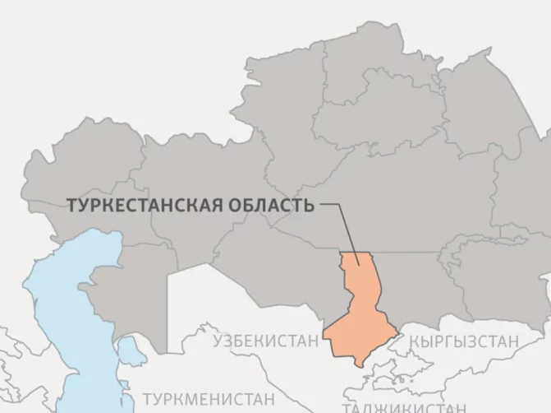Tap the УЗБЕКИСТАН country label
click(x=264, y=341)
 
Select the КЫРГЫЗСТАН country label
click(x=464, y=341)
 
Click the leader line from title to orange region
click(x=345, y=226)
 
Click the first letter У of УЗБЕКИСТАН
click(x=218, y=341)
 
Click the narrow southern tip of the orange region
click(x=359, y=362)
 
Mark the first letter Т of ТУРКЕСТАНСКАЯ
click(x=70, y=205)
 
